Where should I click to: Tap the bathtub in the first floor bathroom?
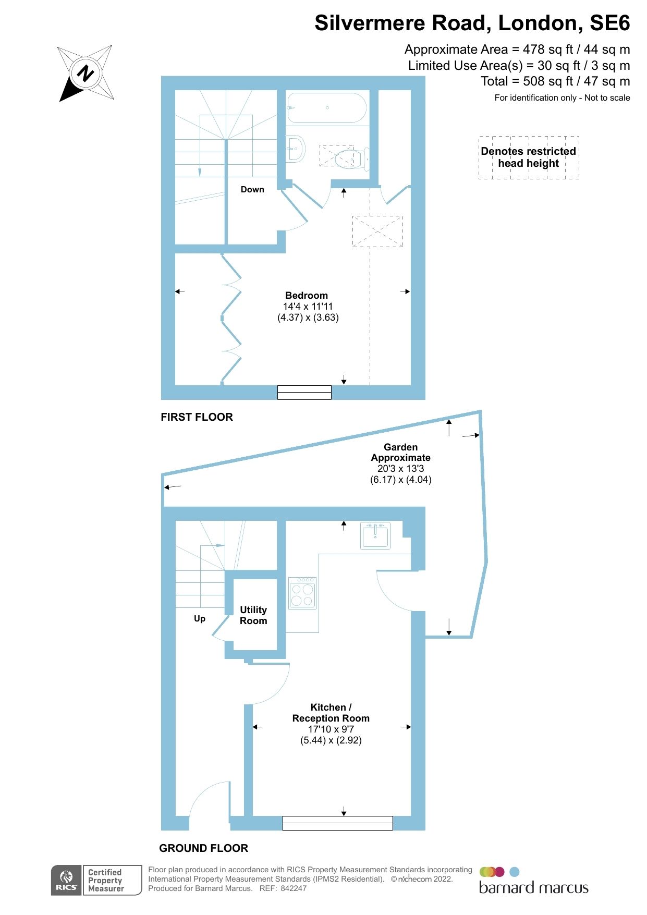327,108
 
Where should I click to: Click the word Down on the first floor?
252,190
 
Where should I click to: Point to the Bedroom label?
307,296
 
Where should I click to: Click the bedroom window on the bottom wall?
304,392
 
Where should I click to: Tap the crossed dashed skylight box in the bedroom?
377,231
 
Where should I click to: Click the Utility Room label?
253,615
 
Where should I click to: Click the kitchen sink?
375,536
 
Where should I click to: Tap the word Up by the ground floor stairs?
200,619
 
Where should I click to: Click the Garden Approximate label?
400,453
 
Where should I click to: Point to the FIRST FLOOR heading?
197,417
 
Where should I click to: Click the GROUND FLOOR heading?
203,848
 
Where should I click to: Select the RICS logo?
66,880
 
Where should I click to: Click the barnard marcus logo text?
533,888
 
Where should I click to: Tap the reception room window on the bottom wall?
337,823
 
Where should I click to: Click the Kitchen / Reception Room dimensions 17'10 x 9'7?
331,729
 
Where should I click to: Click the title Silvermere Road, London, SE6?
472,23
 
